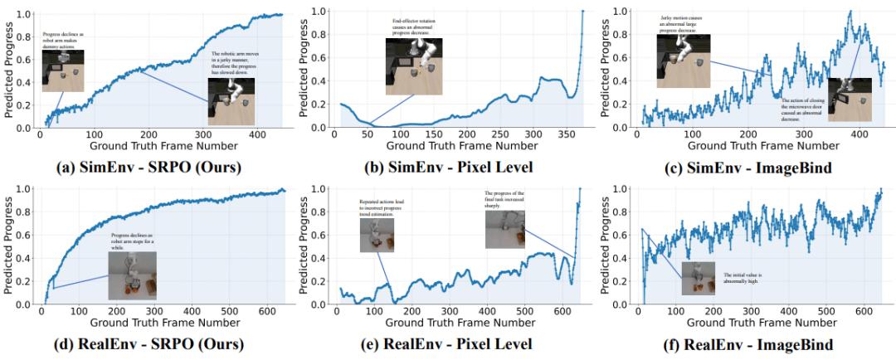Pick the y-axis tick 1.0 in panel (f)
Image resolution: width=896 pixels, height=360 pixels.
click(621, 189)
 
